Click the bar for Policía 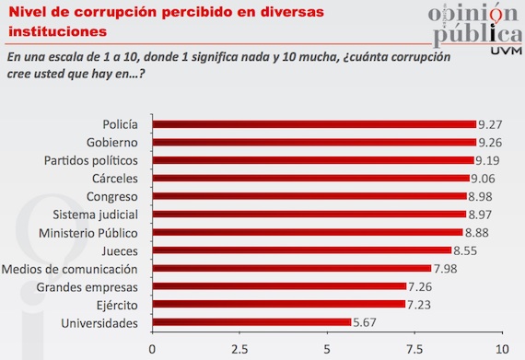coord(313,124)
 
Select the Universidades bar coord(251,322)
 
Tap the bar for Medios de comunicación coord(291,269)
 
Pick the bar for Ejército coord(278,305)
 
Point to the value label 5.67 coord(366,322)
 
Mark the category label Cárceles coord(115,179)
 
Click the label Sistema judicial coord(99,215)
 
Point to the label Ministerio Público coord(92,232)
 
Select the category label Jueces coord(120,250)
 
